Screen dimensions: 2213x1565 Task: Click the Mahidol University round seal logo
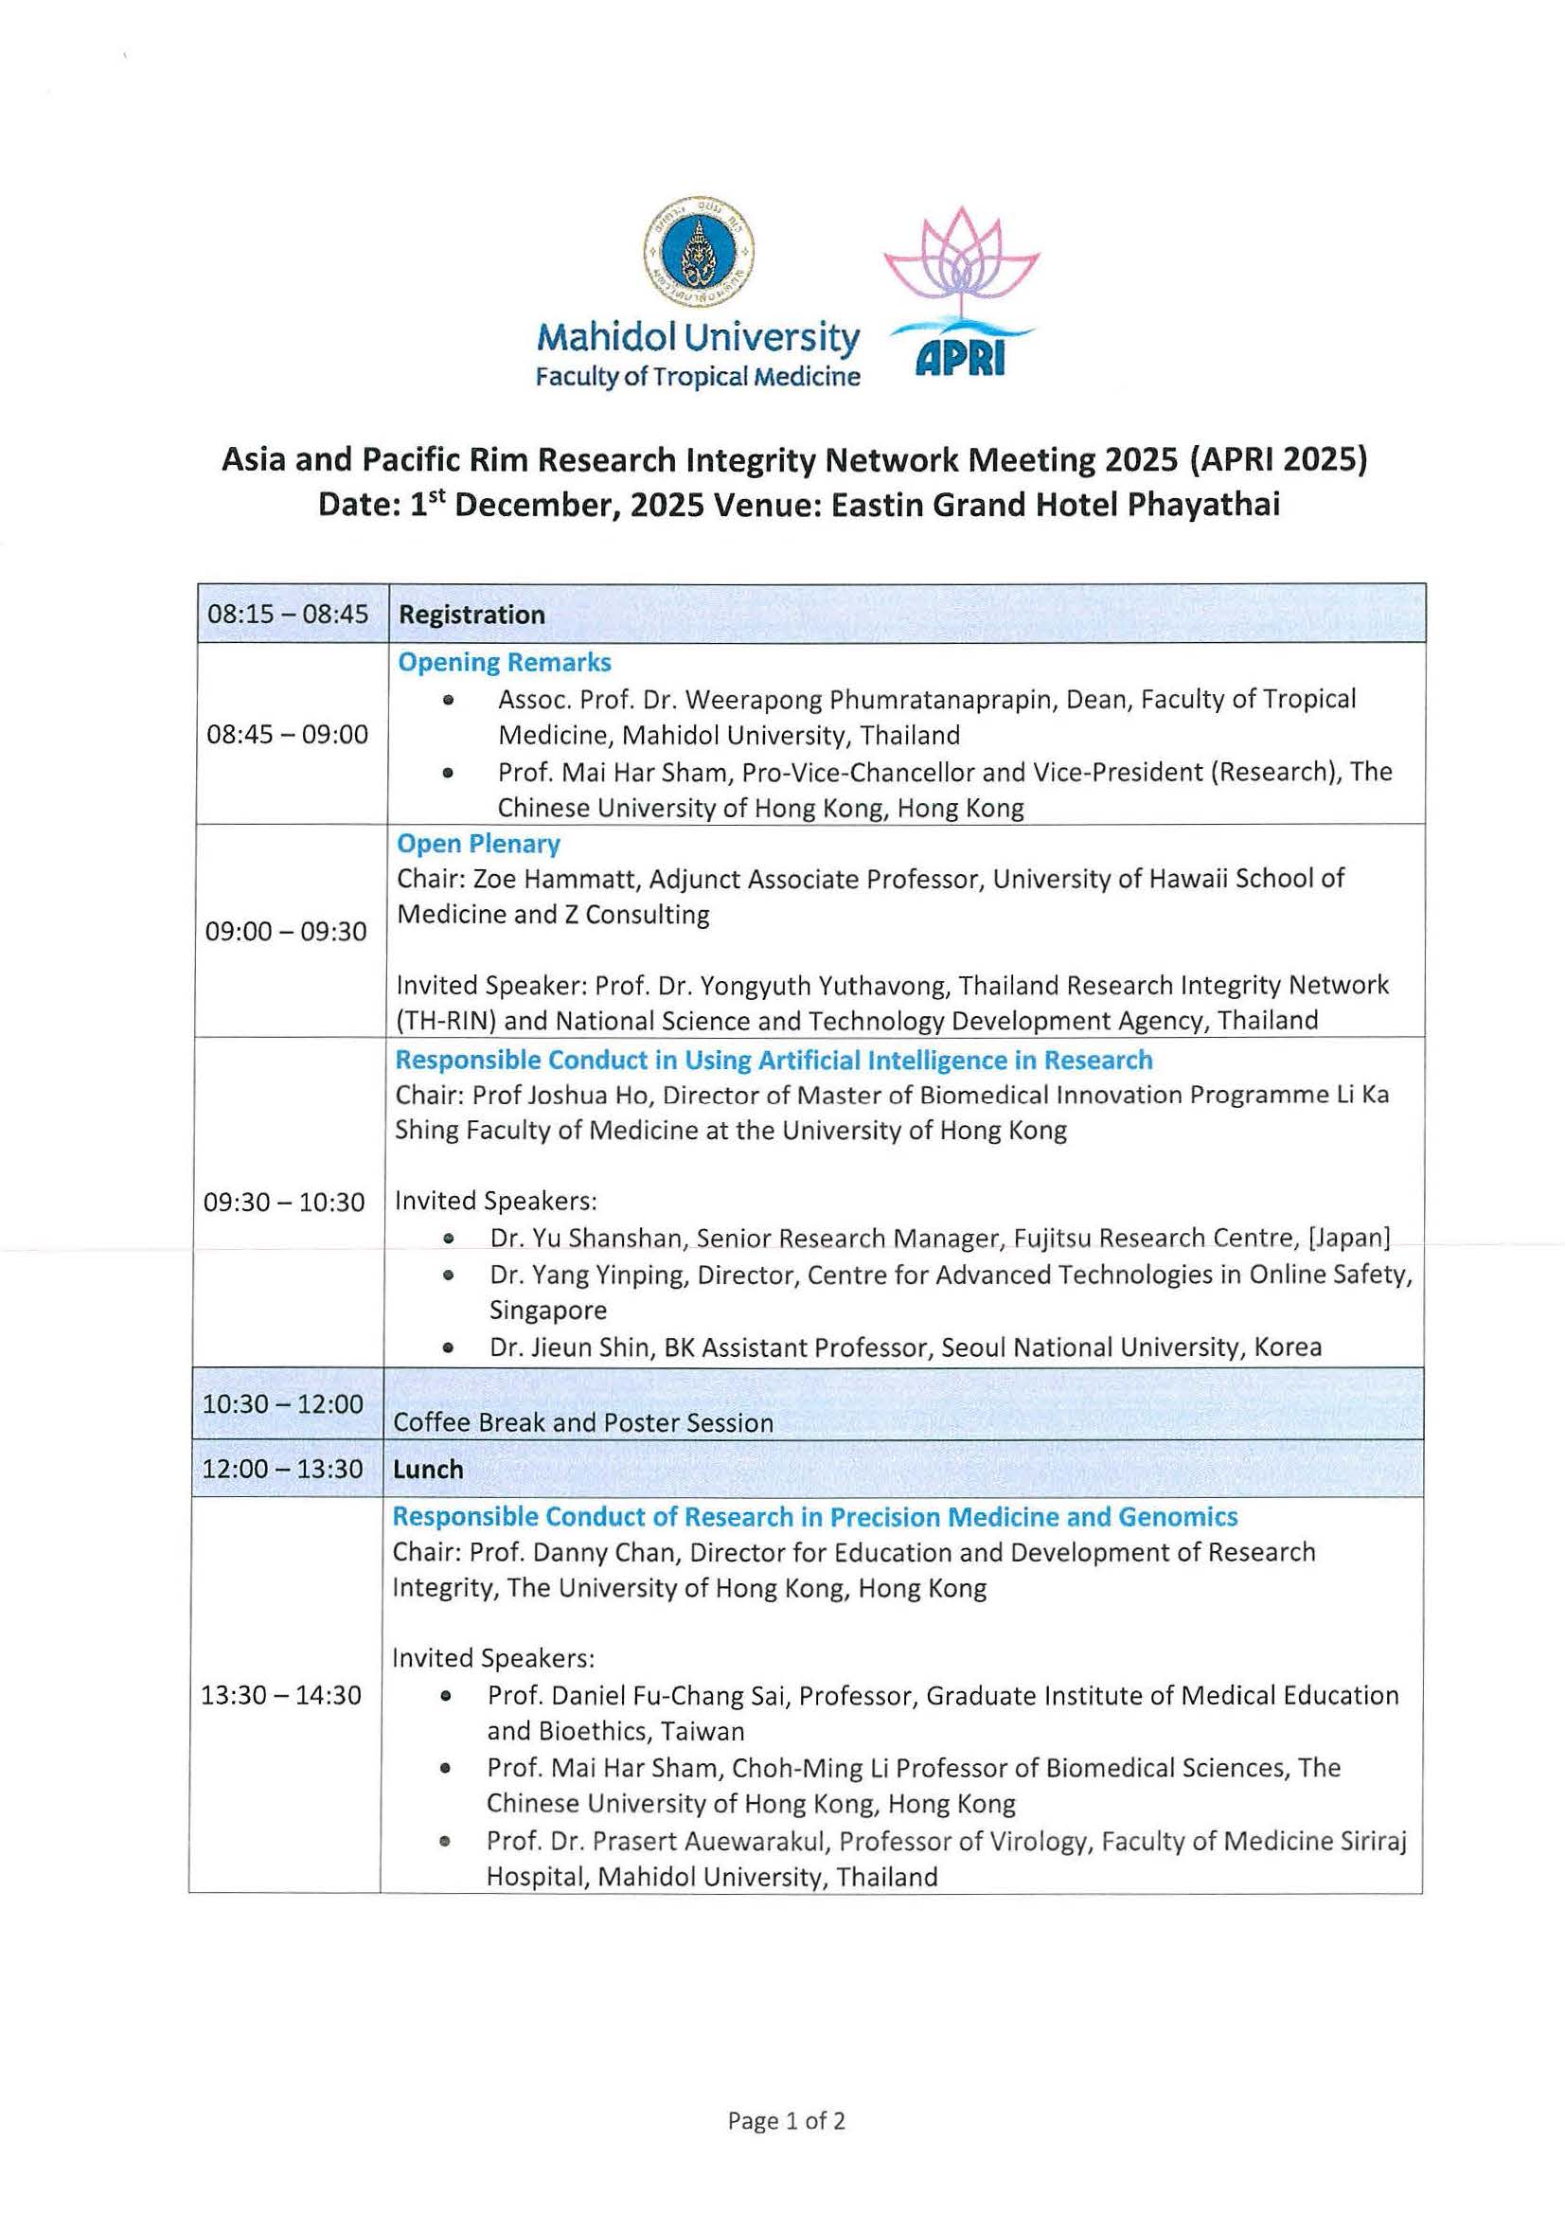coord(699,252)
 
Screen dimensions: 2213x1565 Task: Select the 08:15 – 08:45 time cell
coord(288,614)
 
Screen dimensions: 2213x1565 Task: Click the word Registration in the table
coord(471,615)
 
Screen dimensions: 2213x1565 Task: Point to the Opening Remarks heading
coord(504,663)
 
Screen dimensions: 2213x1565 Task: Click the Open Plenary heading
coord(478,844)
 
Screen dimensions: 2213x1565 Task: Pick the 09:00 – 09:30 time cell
coord(286,931)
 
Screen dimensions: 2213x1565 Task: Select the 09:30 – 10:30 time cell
coord(284,1202)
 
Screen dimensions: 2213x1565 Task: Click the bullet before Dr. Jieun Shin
coord(448,1347)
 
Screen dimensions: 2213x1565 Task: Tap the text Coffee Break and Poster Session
coord(583,1422)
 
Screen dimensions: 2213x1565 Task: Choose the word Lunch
coord(428,1469)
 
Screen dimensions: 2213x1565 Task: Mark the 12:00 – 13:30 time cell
coord(283,1469)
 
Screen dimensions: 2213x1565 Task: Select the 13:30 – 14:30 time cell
coord(281,1695)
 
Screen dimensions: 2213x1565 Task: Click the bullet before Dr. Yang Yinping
coord(448,1276)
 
